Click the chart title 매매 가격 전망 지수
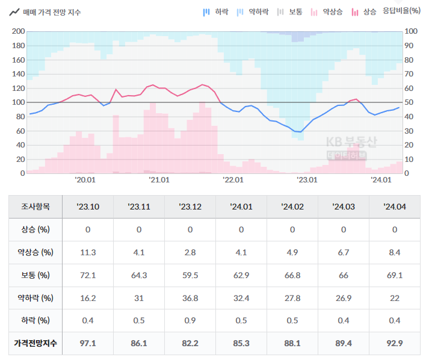coord(52,12)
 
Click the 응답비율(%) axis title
coord(402,12)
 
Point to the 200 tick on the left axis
coord(18,31)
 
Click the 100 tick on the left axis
coord(18,102)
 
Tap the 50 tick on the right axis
coord(410,102)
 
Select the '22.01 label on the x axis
coord(233,179)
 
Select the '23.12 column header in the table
coord(190,206)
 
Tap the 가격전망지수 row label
coord(35,343)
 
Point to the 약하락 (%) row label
coord(35,298)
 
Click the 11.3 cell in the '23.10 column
coord(88,252)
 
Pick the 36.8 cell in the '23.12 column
coord(190,298)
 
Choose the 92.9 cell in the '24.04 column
coord(395,343)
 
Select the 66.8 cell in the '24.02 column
coord(292,275)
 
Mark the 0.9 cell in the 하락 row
coord(190,320)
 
